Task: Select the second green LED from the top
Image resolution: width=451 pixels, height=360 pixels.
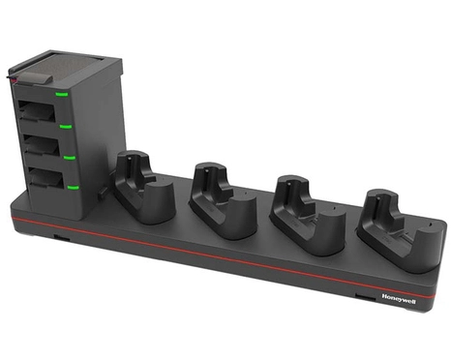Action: click(x=65, y=125)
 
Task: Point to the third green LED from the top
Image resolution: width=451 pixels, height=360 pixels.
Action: click(x=70, y=156)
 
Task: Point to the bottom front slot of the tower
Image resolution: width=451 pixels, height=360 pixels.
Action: click(x=41, y=180)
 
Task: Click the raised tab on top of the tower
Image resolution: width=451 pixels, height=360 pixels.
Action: click(x=43, y=66)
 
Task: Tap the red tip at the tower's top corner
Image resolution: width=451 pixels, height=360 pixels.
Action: click(x=11, y=73)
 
